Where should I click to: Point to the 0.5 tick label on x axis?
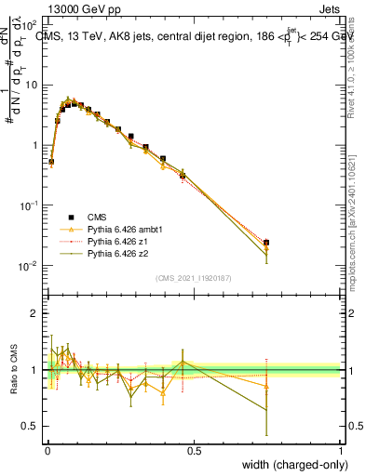[x=194, y=450]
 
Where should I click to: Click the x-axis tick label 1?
[x=340, y=450]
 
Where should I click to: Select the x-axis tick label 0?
[x=47, y=450]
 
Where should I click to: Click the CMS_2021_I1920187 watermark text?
[x=193, y=278]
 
